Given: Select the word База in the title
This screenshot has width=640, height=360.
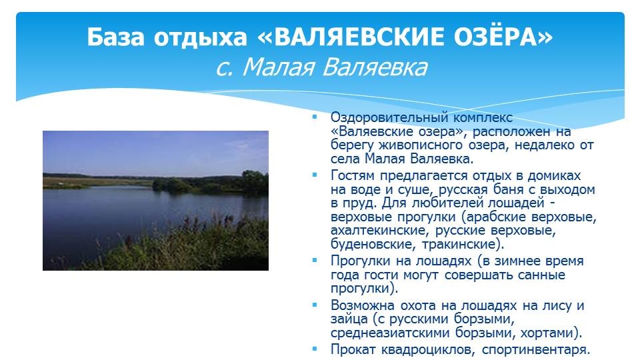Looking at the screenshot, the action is click(115, 37).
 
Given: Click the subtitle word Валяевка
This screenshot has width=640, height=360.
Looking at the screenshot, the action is click(375, 67).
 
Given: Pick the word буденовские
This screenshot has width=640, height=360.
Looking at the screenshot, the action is click(373, 244).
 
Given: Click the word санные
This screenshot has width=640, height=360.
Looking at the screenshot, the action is click(541, 275).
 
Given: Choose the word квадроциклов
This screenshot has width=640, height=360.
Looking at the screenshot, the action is click(427, 350).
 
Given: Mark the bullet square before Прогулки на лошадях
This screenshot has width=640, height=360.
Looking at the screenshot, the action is click(315, 259).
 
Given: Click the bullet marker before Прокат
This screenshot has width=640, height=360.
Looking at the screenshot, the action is click(315, 349).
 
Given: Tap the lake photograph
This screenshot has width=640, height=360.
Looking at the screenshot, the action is click(155, 201).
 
